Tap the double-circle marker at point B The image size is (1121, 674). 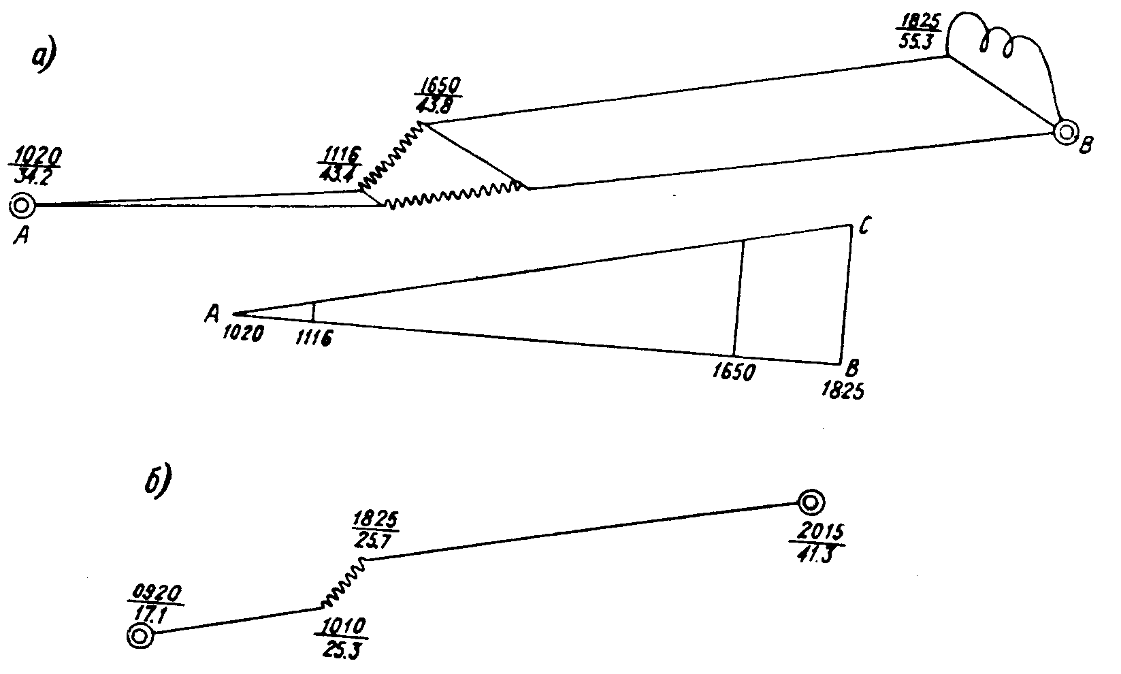pyautogui.click(x=1066, y=132)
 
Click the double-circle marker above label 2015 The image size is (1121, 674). pyautogui.click(x=811, y=503)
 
